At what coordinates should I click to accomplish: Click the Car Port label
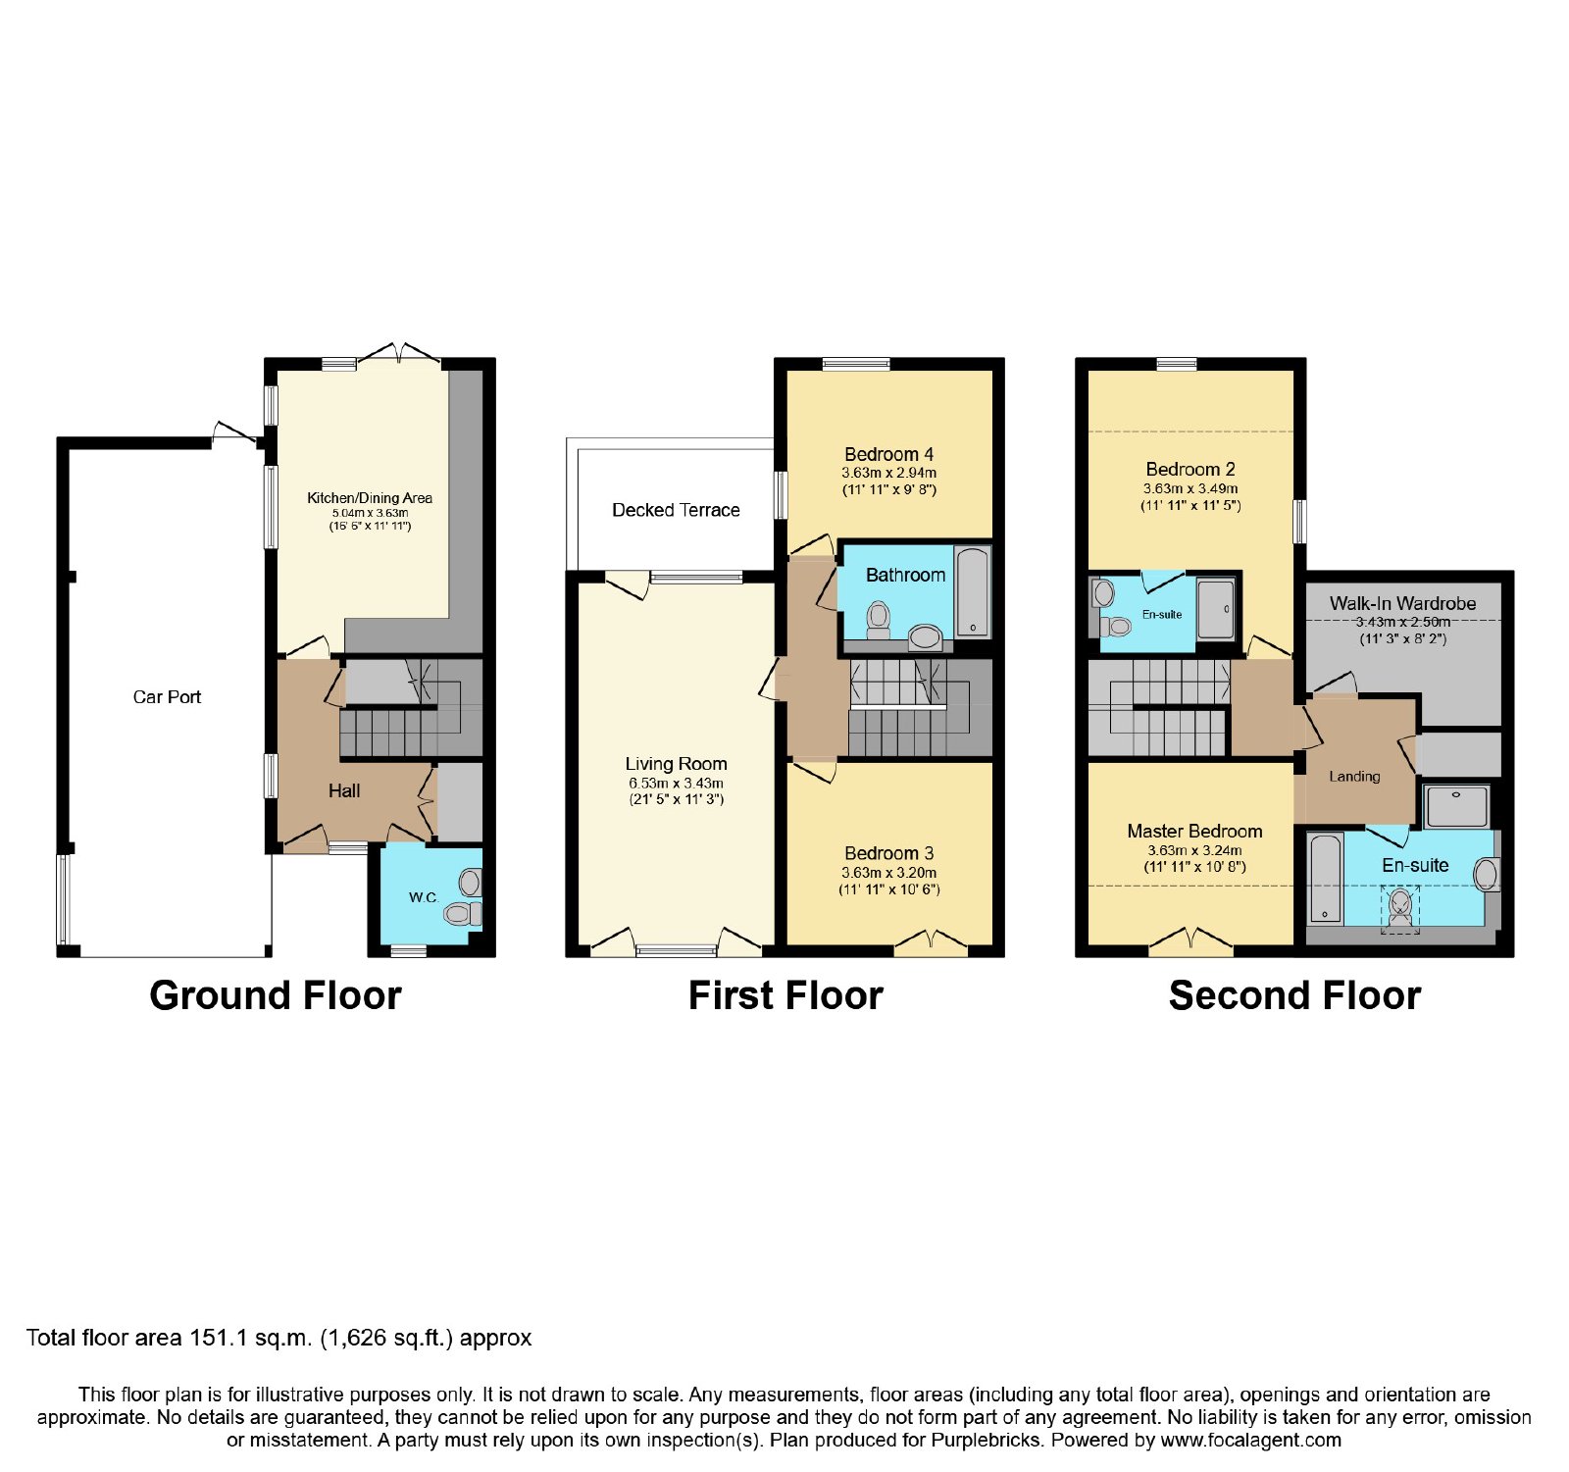167,697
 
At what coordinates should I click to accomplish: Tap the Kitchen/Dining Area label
370,498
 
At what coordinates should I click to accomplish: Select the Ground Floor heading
276,996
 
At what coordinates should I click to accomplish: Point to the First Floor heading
785,996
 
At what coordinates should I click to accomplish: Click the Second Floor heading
1294,996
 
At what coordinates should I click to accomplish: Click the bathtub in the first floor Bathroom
973,592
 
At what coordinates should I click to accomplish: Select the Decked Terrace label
676,510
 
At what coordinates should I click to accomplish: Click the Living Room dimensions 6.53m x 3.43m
676,784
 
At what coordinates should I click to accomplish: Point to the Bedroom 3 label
889,853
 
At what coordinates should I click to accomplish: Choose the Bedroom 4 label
889,454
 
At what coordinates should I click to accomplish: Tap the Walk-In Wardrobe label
1402,603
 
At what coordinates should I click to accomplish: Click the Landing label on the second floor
1354,777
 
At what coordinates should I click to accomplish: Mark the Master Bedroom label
1194,832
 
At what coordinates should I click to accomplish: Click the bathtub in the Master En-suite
1326,879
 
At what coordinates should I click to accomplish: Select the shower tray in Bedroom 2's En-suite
1216,610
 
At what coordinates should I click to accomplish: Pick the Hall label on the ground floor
344,790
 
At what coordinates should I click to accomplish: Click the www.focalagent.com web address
1250,1441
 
